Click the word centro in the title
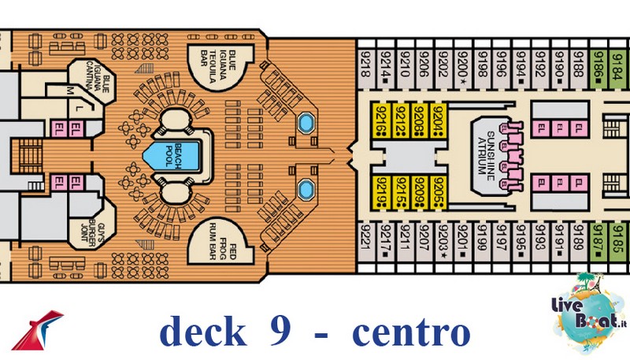409,332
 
